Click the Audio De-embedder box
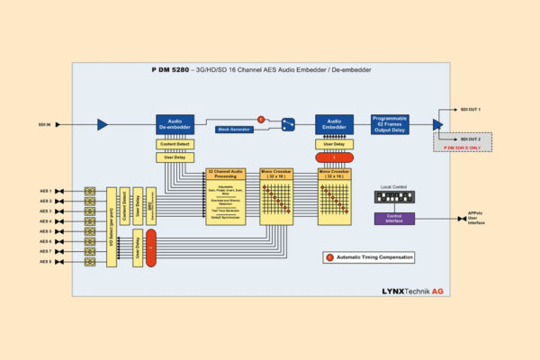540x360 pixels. click(175, 124)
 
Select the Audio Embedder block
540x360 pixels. click(333, 124)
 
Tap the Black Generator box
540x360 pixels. click(234, 130)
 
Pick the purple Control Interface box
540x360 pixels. click(394, 218)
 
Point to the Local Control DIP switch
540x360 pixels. click(393, 196)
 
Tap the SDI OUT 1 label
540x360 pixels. click(471, 109)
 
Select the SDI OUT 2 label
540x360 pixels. click(471, 139)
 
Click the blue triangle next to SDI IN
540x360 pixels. click(102, 124)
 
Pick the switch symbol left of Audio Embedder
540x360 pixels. click(288, 124)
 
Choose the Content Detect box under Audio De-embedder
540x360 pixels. click(175, 144)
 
